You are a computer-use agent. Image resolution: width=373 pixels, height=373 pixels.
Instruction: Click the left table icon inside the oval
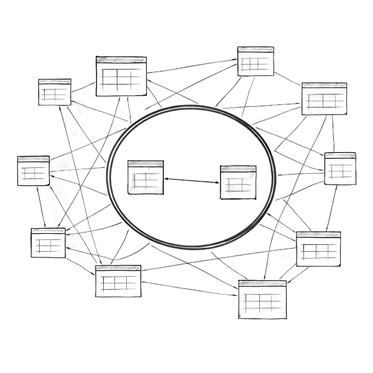click(x=146, y=177)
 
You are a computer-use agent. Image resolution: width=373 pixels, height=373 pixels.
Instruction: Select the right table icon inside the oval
click(x=238, y=182)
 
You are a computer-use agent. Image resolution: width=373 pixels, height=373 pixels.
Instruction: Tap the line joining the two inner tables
click(x=192, y=180)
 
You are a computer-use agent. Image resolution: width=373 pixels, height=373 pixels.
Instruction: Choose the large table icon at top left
click(x=121, y=76)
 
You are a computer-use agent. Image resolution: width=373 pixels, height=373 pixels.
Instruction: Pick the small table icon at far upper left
click(x=55, y=92)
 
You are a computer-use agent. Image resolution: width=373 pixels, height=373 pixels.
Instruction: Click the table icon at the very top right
click(x=256, y=61)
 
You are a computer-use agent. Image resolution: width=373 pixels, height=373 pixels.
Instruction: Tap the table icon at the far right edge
click(x=341, y=168)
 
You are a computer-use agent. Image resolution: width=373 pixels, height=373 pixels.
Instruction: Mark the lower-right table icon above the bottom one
click(x=318, y=248)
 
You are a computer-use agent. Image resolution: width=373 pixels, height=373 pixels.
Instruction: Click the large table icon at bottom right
click(x=263, y=301)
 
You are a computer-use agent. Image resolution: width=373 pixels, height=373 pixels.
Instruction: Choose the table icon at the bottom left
click(x=118, y=282)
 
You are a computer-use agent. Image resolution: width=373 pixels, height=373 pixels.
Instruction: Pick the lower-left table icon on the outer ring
click(x=47, y=242)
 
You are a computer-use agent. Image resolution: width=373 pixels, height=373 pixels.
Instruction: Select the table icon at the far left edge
click(x=33, y=170)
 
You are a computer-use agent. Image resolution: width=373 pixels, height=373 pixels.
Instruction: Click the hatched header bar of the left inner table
click(x=146, y=163)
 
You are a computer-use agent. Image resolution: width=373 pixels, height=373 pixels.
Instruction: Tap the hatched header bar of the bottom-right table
click(x=263, y=284)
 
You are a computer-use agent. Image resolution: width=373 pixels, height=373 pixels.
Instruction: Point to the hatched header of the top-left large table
click(x=121, y=60)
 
